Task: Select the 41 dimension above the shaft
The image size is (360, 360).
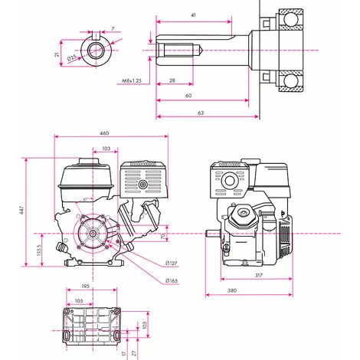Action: click(x=193, y=15)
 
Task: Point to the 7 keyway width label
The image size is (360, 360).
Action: click(x=112, y=28)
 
